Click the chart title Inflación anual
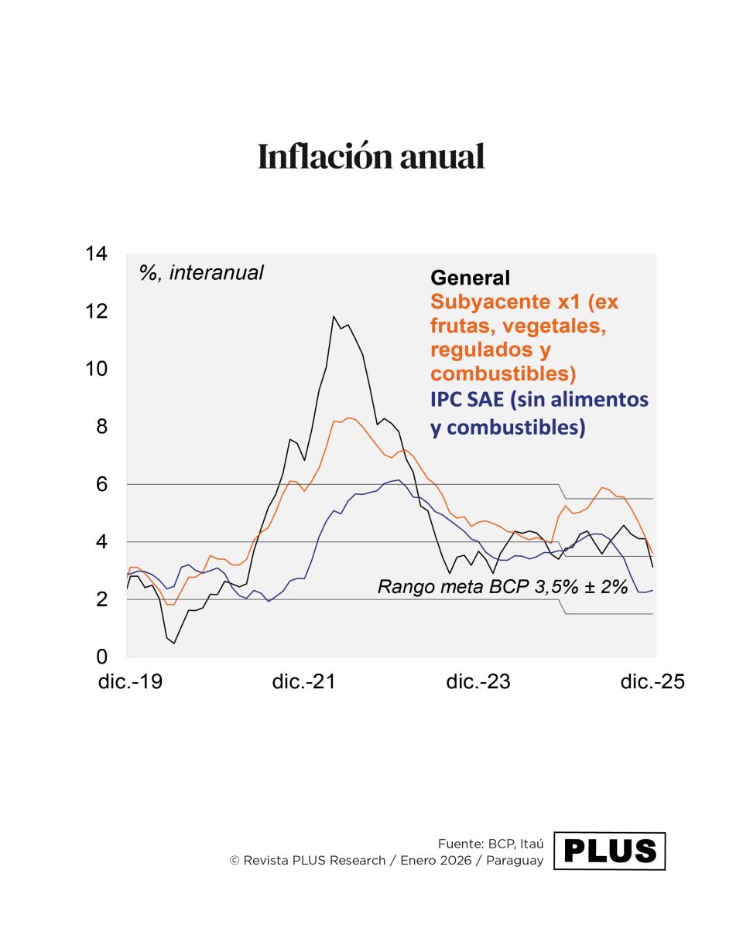371,157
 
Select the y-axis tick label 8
100,426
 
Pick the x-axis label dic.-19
130,682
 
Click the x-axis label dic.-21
304,682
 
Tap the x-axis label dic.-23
478,682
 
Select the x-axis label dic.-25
652,682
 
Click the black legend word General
471,278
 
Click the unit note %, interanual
201,272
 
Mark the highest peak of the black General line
334,316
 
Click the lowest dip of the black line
174,643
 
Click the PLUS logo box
610,851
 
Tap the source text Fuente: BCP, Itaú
491,844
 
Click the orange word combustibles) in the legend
503,374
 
